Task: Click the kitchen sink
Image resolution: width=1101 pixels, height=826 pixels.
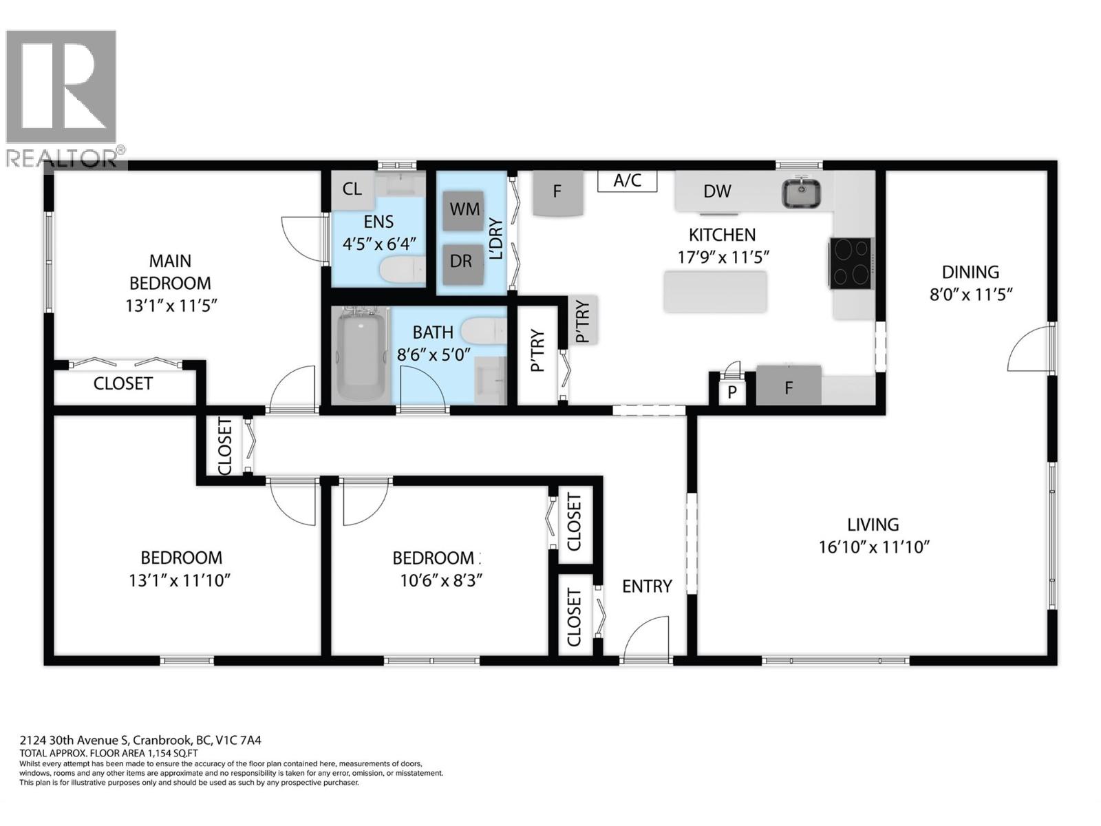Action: click(801, 193)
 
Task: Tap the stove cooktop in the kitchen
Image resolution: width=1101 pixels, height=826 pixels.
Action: click(851, 263)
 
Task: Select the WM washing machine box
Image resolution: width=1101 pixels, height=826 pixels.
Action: click(463, 210)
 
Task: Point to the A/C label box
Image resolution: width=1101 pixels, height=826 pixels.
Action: click(627, 181)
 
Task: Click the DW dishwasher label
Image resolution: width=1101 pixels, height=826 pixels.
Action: click(717, 191)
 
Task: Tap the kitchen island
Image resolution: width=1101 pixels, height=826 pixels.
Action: click(715, 292)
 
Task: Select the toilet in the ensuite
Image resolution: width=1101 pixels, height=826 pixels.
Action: click(403, 269)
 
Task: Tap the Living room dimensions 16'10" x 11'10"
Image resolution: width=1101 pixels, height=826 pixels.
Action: click(874, 547)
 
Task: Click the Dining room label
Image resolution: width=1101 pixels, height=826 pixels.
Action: click(970, 272)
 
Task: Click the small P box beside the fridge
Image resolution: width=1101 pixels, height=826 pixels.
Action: click(732, 392)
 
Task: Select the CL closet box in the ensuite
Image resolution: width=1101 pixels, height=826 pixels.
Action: click(352, 189)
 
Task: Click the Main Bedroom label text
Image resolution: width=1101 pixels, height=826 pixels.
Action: click(170, 272)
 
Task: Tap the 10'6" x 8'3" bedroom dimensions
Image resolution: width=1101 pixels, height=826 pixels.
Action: click(440, 580)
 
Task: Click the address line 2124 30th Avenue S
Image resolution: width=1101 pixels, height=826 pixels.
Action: click(140, 741)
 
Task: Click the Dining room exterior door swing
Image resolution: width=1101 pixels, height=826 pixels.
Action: click(1030, 350)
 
